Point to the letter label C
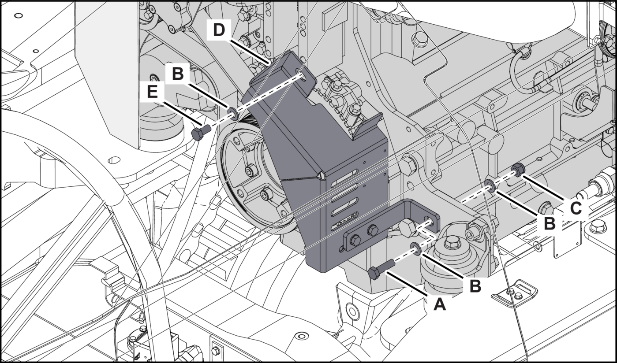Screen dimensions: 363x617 click(576, 207)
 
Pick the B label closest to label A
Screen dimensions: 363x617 click(475, 286)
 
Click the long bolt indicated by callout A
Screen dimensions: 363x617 click(380, 270)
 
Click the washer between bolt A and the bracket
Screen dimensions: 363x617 click(415, 247)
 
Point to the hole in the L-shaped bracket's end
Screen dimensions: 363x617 click(427, 220)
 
